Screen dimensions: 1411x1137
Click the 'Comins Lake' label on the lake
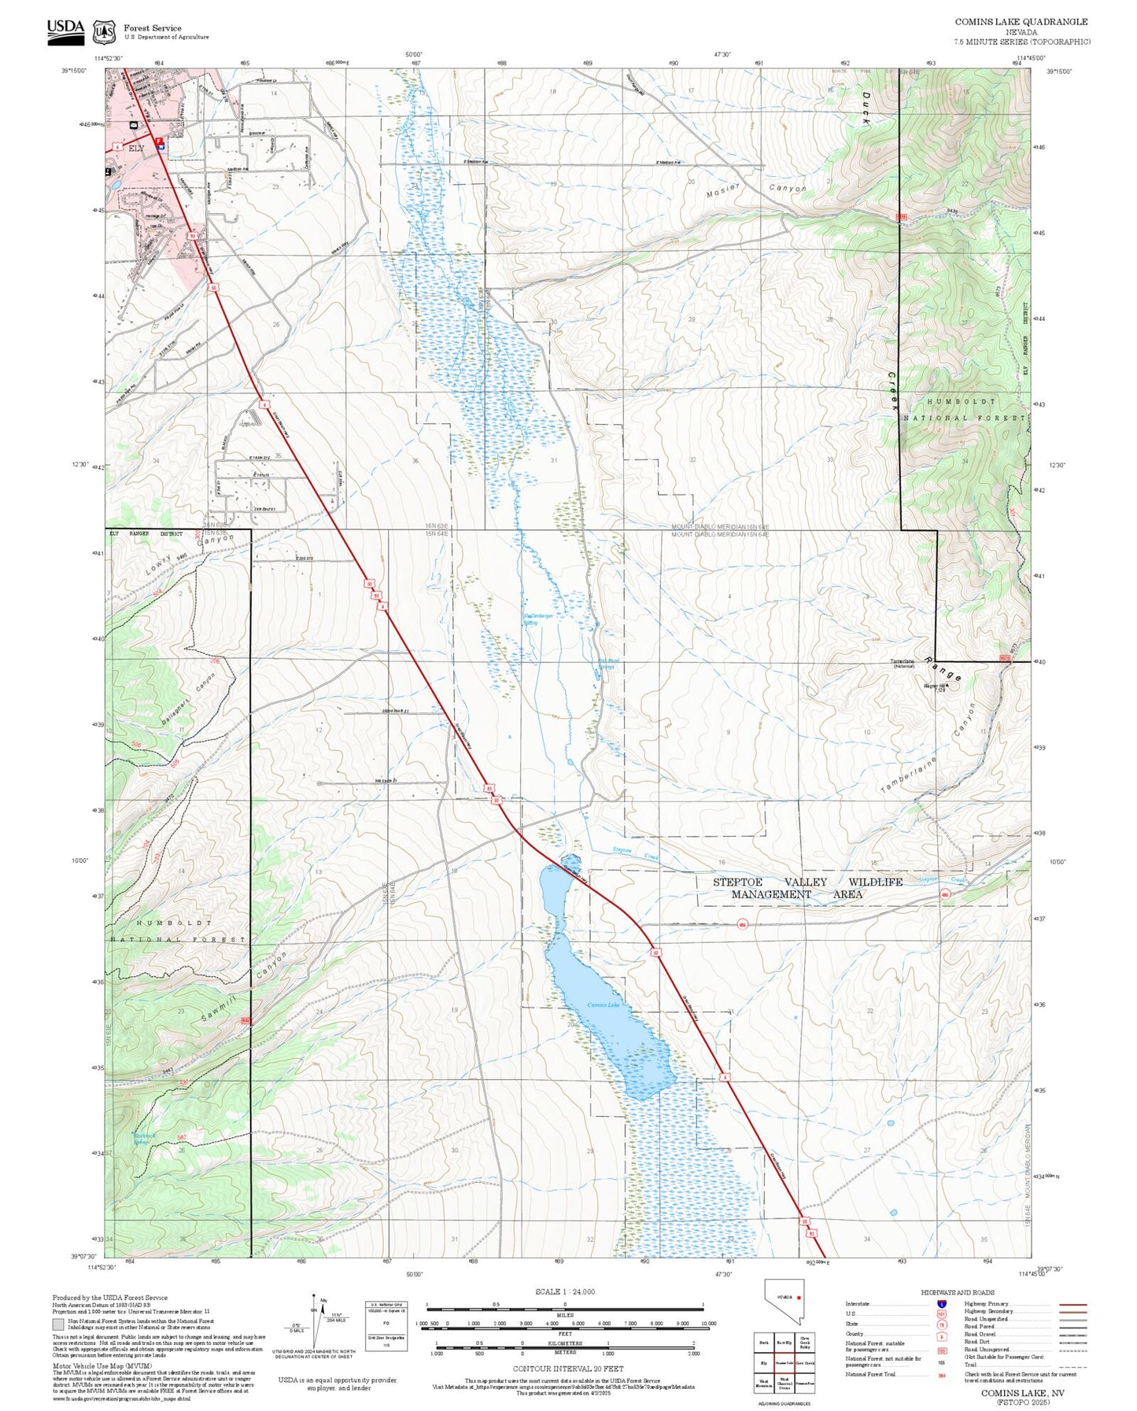(x=603, y=1005)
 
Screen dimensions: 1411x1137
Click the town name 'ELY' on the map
(x=137, y=148)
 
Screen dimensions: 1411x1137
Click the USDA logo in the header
(x=65, y=28)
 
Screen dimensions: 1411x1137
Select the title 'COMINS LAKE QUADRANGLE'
(x=1021, y=22)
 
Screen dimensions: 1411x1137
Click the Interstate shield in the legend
(x=942, y=1303)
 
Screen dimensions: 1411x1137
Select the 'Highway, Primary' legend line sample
(x=1073, y=1304)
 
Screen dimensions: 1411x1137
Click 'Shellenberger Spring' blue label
(x=539, y=620)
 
